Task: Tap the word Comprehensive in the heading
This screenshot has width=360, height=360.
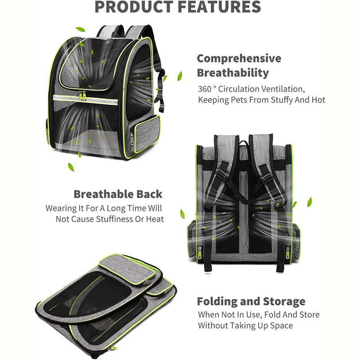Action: click(x=239, y=58)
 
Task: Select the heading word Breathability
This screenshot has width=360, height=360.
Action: click(x=233, y=73)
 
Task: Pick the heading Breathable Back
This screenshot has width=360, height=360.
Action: click(x=118, y=194)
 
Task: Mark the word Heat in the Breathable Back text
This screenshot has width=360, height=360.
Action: click(x=153, y=219)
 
